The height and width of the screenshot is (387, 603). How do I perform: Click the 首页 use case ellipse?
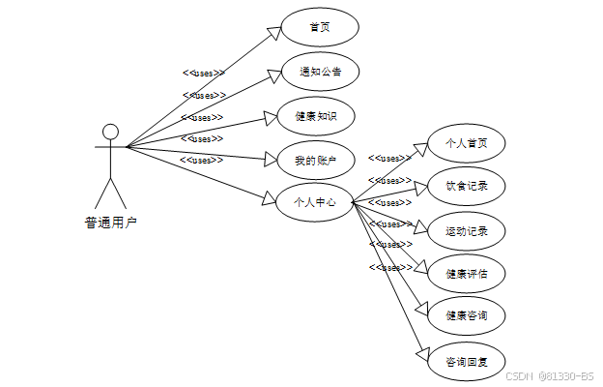point(320,27)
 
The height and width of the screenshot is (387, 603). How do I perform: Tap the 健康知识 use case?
point(316,116)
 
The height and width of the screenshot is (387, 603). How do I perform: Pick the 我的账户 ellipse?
point(316,160)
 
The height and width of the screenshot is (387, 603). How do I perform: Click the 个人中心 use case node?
point(315,202)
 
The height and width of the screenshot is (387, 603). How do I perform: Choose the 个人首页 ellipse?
point(467,143)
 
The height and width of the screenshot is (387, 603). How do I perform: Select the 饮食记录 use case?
point(467,185)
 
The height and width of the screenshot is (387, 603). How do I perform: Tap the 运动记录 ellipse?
point(467,231)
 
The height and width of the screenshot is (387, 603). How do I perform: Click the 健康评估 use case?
point(467,274)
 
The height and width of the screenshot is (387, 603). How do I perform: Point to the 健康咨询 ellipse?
point(467,315)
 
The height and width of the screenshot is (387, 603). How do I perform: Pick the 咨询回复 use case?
point(467,362)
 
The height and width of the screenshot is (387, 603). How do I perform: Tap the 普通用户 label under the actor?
point(110,223)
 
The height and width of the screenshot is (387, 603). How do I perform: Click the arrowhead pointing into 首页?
point(273,33)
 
